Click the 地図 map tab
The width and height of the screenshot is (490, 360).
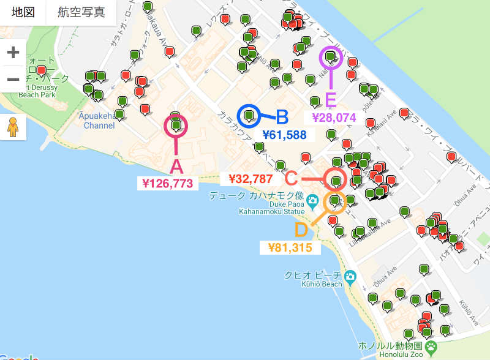pos(23,12)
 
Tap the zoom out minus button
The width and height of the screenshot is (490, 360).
pos(13,79)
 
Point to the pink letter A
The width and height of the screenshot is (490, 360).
pos(176,167)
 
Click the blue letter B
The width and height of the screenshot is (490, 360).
pos(282,117)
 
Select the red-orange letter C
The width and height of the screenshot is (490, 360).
pos(291,179)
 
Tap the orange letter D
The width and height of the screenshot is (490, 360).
pos(301,230)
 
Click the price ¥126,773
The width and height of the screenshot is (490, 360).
pos(167,182)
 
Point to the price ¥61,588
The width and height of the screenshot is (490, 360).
pos(284,135)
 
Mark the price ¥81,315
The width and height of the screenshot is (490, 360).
pos(290,247)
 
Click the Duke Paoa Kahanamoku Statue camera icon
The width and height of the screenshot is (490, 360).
pos(312,200)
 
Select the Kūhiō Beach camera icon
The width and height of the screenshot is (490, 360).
pos(350,276)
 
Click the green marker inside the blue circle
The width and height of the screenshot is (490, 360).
pos(249,114)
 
